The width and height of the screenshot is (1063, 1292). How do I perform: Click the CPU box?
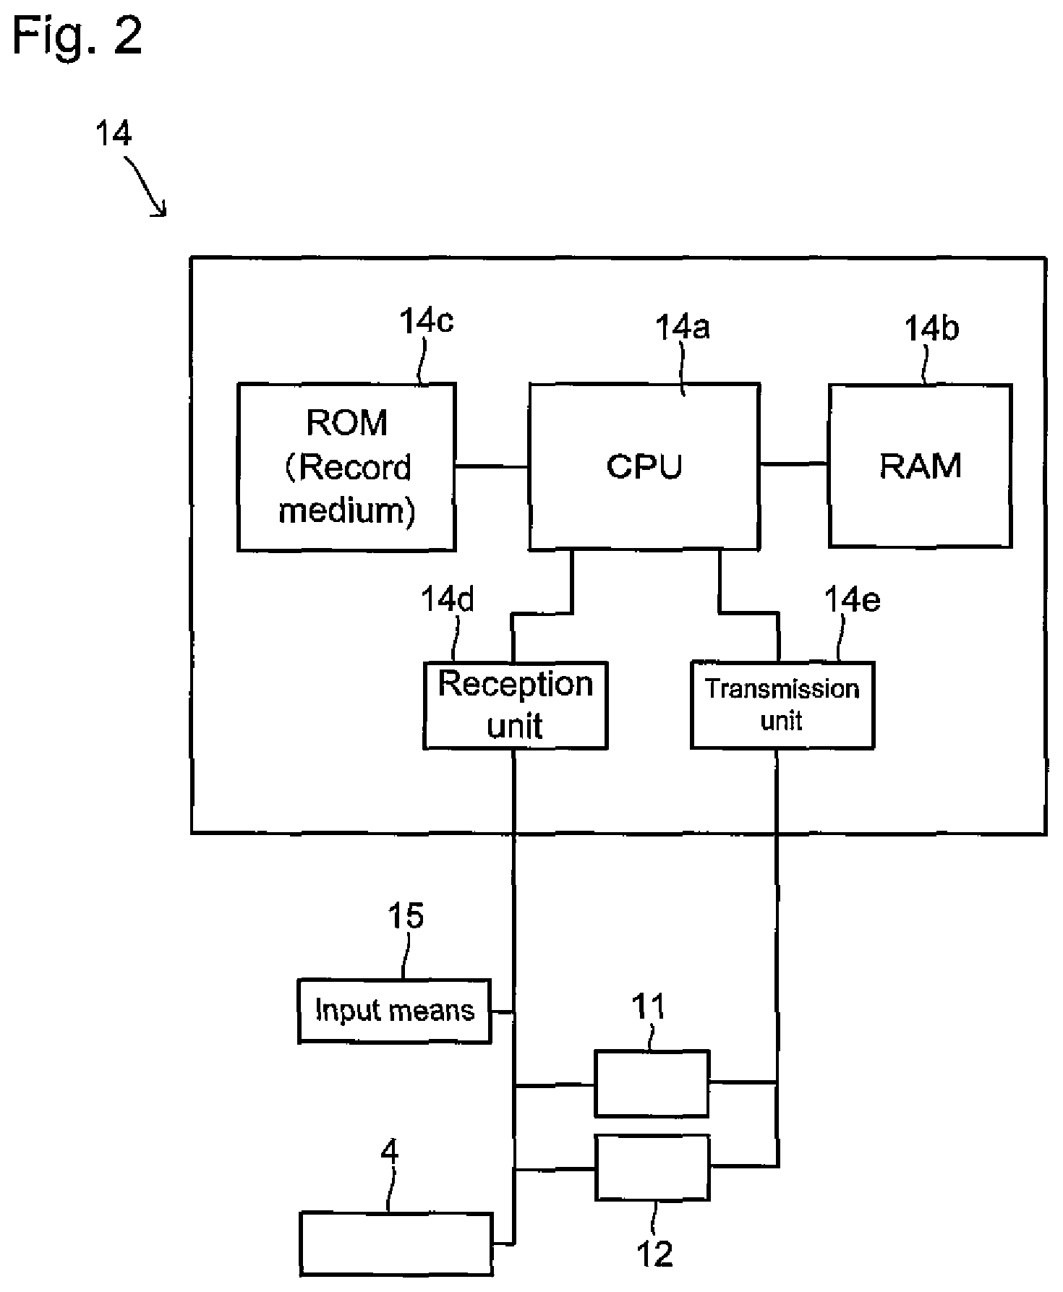pos(644,466)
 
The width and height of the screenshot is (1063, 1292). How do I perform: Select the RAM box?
pos(920,466)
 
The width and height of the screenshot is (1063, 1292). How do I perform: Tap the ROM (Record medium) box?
pos(346,467)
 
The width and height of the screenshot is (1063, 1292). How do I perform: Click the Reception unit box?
pos(515,705)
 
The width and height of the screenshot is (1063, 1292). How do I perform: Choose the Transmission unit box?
pos(782,705)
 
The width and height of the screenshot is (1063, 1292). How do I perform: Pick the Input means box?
pos(395,1011)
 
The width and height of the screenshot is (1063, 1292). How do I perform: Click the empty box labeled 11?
pos(652,1083)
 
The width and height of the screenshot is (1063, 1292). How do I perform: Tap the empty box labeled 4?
pos(396,1244)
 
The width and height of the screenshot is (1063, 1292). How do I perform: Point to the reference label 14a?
pos(682,328)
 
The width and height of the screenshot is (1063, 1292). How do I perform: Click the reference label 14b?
pos(931,329)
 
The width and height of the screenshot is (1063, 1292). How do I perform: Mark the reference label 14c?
pos(427,321)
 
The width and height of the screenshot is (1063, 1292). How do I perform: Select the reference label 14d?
pos(448,599)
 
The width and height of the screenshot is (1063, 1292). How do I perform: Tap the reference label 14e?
pos(853,599)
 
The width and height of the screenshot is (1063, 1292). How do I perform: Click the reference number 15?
pos(406,916)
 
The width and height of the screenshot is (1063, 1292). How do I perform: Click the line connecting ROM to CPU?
pos(492,466)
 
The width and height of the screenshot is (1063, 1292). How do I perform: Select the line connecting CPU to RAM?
pos(794,463)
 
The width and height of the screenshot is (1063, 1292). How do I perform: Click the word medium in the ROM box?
pos(346,510)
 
